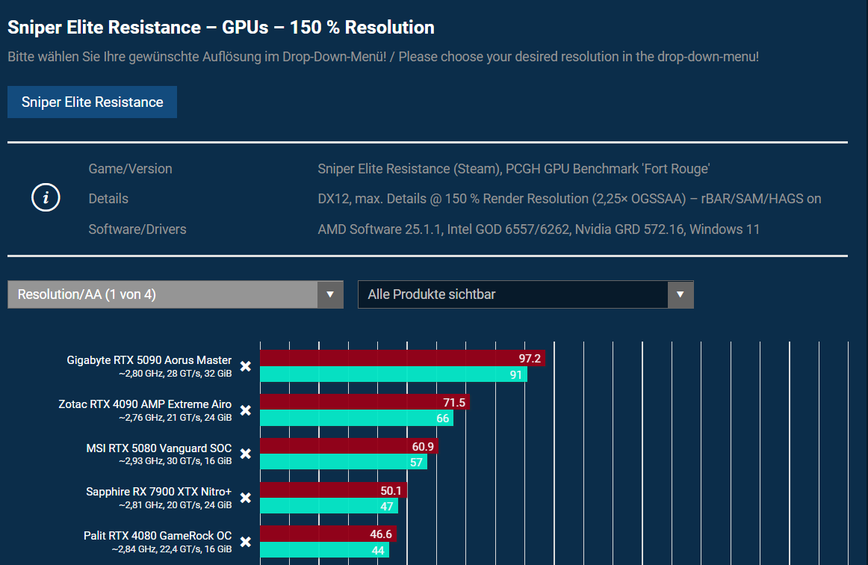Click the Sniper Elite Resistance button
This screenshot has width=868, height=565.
tap(92, 102)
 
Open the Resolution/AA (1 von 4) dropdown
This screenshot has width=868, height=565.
tap(175, 294)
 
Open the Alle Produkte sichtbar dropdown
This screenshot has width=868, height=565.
tap(525, 294)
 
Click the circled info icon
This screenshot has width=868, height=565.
tap(46, 198)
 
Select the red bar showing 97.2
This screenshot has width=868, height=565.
tap(402, 359)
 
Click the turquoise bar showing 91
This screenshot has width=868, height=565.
tap(393, 374)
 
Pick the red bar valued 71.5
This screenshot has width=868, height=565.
tap(365, 403)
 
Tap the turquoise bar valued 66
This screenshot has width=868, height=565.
tap(356, 419)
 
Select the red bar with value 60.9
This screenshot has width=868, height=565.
tap(349, 447)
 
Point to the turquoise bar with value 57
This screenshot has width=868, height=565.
tap(343, 462)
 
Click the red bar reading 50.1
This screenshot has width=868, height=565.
tap(333, 491)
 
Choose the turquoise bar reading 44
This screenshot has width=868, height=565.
tap(324, 550)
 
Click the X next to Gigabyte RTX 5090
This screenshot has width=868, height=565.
tap(245, 365)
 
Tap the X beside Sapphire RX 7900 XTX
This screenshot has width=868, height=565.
tap(245, 498)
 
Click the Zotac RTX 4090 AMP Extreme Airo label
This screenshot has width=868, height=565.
tap(145, 404)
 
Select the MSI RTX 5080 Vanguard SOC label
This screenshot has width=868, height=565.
tap(158, 448)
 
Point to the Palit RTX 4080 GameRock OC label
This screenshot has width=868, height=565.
tap(157, 537)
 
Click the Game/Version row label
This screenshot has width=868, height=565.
tap(130, 169)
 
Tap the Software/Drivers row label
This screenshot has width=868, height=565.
tap(137, 229)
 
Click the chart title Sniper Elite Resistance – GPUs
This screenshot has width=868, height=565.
tap(220, 28)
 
